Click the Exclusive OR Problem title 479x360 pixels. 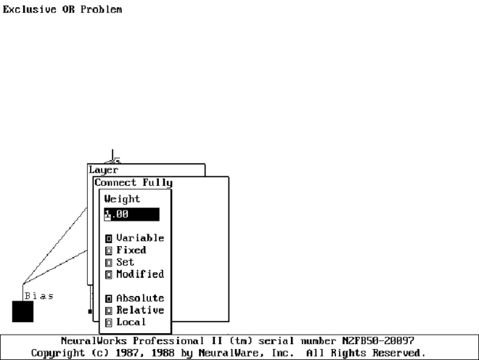click(62, 10)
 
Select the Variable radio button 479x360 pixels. click(109, 238)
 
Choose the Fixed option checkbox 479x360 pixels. click(109, 250)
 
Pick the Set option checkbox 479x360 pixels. click(109, 262)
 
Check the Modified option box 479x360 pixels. click(109, 274)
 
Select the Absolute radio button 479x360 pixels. click(109, 298)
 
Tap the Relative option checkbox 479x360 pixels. click(109, 311)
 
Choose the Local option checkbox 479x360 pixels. click(109, 322)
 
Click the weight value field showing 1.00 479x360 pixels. click(131, 214)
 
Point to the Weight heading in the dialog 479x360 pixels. click(122, 199)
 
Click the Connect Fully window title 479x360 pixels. click(134, 183)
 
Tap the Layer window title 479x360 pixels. click(103, 171)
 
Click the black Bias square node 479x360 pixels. click(22, 311)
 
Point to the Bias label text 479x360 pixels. click(38, 296)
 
